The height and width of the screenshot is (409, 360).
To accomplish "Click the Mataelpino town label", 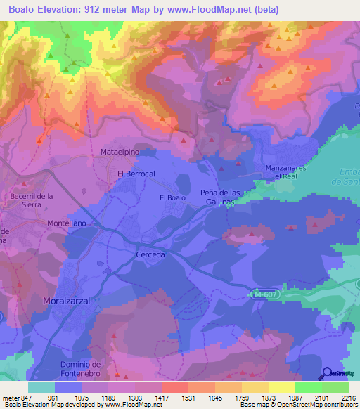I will point(122,151).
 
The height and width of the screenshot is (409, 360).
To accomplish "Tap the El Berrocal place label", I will point(136,174).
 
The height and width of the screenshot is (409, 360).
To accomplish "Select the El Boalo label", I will point(172,198).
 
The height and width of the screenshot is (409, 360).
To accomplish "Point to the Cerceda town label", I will point(150,254).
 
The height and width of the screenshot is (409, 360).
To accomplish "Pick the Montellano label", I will point(66,223).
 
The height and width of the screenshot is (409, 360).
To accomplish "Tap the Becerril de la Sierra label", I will point(32,200).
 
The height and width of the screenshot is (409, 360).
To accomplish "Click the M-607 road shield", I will point(267,296).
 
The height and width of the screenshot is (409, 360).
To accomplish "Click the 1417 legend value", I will point(160,397).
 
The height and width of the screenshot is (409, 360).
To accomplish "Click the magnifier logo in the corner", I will point(327,375).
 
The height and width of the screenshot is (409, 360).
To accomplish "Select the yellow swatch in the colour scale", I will point(281,387).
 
